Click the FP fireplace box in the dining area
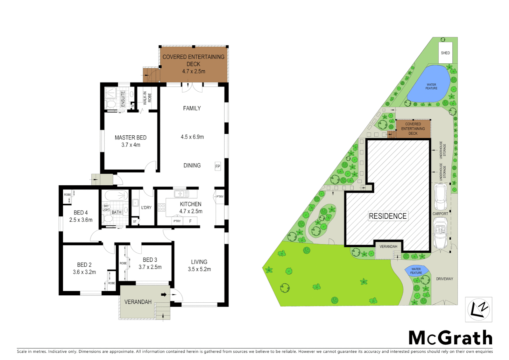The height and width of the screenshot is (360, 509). click(218, 166)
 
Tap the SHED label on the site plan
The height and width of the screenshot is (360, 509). click(445, 53)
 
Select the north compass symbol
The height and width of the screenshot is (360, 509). click(478, 310)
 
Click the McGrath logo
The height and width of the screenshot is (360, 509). click(450, 338)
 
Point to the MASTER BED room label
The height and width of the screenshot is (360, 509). click(131, 137)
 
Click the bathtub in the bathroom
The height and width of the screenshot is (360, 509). click(116, 195)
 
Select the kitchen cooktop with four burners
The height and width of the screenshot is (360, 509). click(162, 207)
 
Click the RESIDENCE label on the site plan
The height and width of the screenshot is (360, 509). click(387, 216)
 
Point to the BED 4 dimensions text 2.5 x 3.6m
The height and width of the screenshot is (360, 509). click(81, 220)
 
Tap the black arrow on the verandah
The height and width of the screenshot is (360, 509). click(164, 295)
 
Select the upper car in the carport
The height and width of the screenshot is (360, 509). click(440, 196)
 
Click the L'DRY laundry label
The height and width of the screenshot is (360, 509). click(146, 207)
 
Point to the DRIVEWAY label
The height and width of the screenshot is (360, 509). click(444, 279)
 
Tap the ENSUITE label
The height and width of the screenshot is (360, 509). click(123, 99)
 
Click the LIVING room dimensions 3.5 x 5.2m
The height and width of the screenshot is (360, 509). click(199, 269)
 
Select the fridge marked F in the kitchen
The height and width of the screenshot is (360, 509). click(191, 221)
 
